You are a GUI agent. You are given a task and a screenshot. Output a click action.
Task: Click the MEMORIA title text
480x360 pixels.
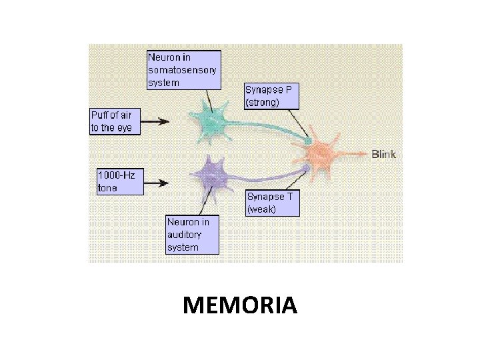tap(239, 305)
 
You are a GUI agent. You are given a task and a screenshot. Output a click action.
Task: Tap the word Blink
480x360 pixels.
tap(383, 154)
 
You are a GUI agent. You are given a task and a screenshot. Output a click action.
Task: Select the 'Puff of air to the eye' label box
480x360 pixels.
tap(115, 121)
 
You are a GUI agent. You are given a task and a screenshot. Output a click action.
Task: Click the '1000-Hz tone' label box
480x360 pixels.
tap(120, 181)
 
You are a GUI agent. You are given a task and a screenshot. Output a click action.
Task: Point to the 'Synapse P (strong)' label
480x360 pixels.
tap(271, 95)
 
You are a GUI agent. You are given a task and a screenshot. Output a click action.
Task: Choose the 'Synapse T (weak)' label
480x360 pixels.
tap(272, 203)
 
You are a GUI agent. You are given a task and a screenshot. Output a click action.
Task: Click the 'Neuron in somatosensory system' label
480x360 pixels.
tap(183, 70)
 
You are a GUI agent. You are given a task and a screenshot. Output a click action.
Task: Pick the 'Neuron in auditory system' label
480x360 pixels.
tap(192, 234)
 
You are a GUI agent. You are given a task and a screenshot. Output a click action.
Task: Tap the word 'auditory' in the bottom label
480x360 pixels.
tap(184, 234)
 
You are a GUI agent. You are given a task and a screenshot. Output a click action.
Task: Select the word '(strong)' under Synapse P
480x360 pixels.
tap(263, 102)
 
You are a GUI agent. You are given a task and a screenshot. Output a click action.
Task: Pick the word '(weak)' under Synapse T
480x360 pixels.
tap(261, 209)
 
